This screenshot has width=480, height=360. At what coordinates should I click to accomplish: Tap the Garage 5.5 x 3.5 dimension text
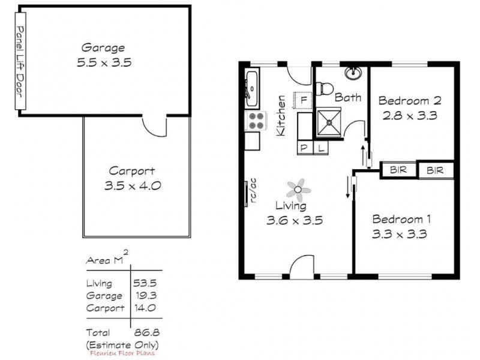tap(103, 61)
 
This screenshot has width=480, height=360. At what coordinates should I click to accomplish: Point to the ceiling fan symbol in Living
tap(298, 191)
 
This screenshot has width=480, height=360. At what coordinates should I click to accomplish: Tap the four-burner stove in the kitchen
tap(256, 121)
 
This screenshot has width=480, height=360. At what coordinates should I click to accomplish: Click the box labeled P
tap(304, 147)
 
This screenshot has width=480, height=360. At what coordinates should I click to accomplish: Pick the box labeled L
tap(321, 147)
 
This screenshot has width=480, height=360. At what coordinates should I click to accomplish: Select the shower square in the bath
tap(329, 123)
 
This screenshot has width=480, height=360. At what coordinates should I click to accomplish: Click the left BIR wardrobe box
tap(398, 170)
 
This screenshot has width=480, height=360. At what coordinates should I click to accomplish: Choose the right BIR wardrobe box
tap(435, 171)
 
